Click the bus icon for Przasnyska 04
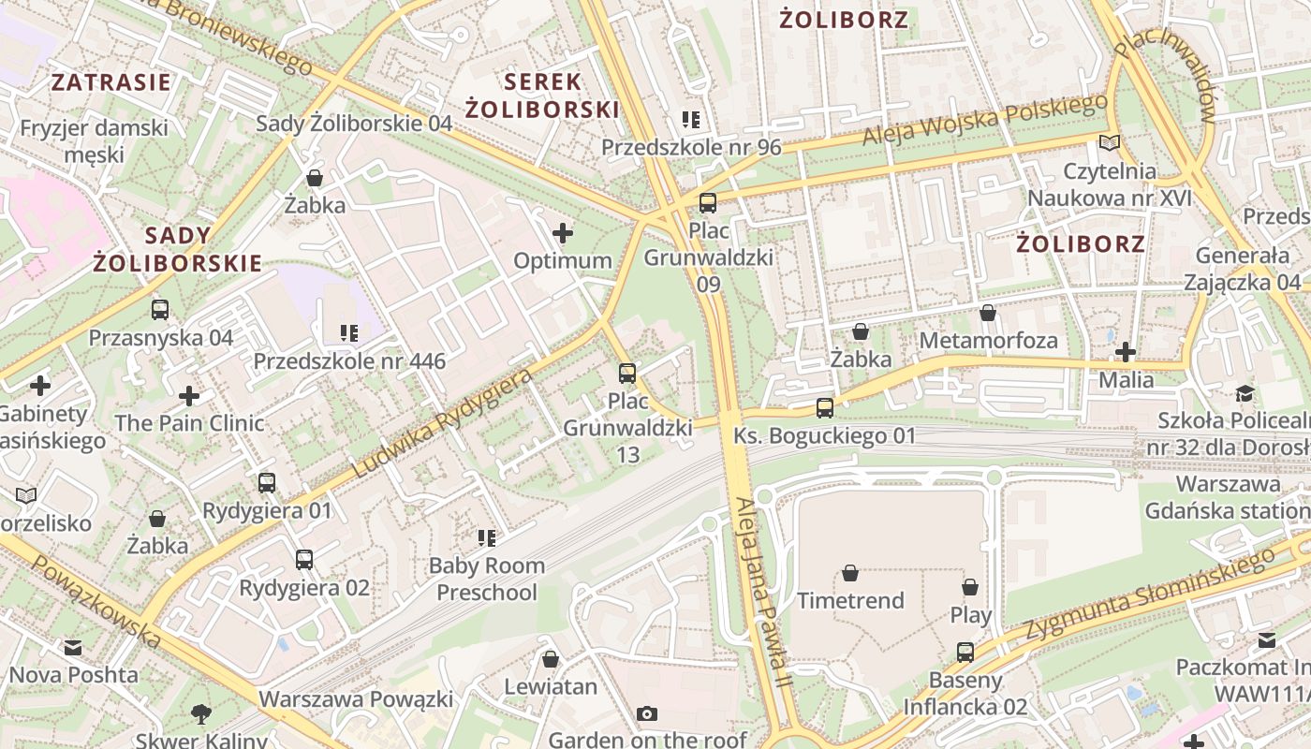pos(160,310)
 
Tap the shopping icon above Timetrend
pos(850,573)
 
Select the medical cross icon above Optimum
pos(563,233)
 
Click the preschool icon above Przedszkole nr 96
pos(691,120)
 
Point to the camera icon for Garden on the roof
pos(646,714)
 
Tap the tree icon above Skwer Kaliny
pos(200,715)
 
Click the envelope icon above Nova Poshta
pos(73,647)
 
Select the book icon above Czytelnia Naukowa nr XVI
pos(1109,143)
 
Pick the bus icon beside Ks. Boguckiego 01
pos(824,408)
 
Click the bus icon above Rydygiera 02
pos(304,560)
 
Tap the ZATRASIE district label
pos(111,81)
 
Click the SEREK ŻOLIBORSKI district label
pos(542,95)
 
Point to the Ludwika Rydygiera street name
pos(441,422)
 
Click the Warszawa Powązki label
pos(356,699)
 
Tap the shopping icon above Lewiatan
pos(551,659)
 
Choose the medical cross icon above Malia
pos(1126,353)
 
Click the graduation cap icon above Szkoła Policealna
pos(1245,393)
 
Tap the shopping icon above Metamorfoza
pos(988,313)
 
